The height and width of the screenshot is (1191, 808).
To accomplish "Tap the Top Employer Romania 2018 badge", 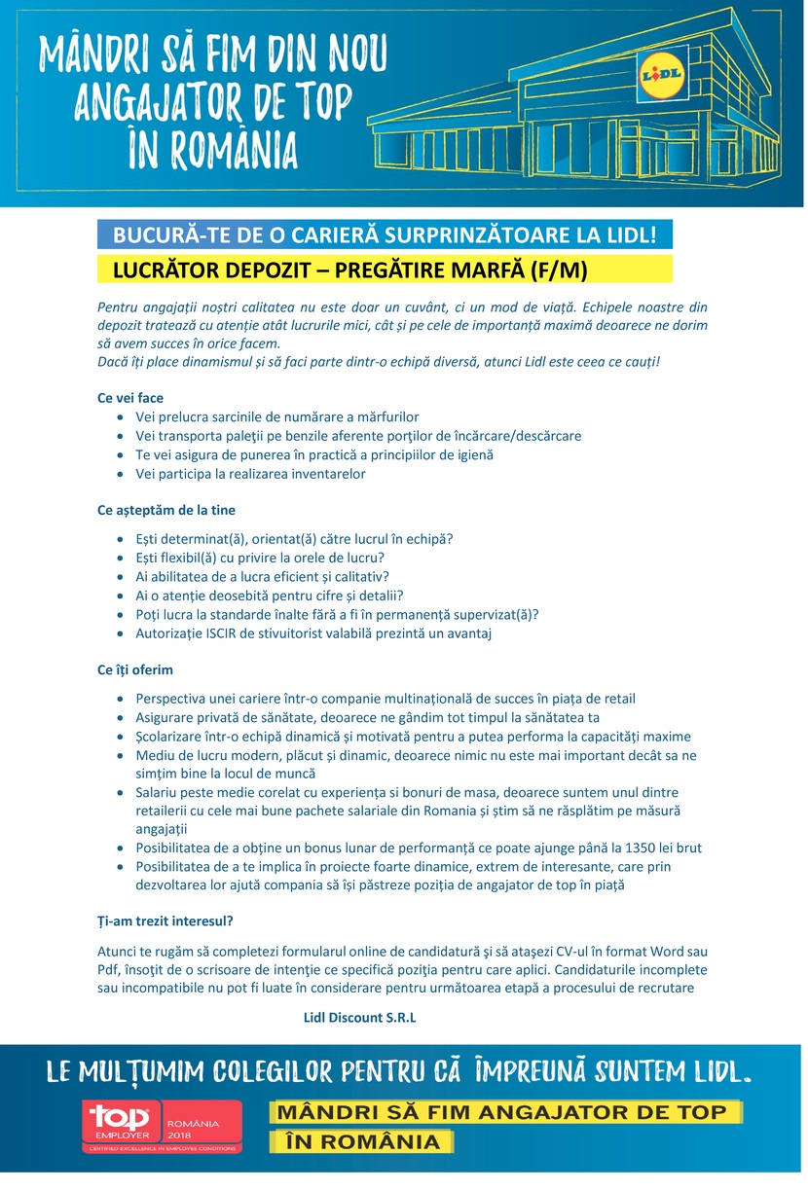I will point(161,1128).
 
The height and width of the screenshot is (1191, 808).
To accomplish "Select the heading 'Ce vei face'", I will point(130,398).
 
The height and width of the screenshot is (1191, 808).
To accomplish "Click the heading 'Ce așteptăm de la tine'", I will point(166,510).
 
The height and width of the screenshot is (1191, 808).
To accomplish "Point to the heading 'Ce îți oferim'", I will point(135,670).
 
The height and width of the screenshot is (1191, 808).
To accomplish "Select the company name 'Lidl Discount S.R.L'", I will point(360,1018).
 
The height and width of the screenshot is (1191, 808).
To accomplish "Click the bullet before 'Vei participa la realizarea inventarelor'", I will point(120,475).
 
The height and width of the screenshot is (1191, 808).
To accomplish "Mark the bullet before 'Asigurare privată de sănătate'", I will point(120,717).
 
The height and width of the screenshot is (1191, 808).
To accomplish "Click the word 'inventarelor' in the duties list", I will point(328,474).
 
